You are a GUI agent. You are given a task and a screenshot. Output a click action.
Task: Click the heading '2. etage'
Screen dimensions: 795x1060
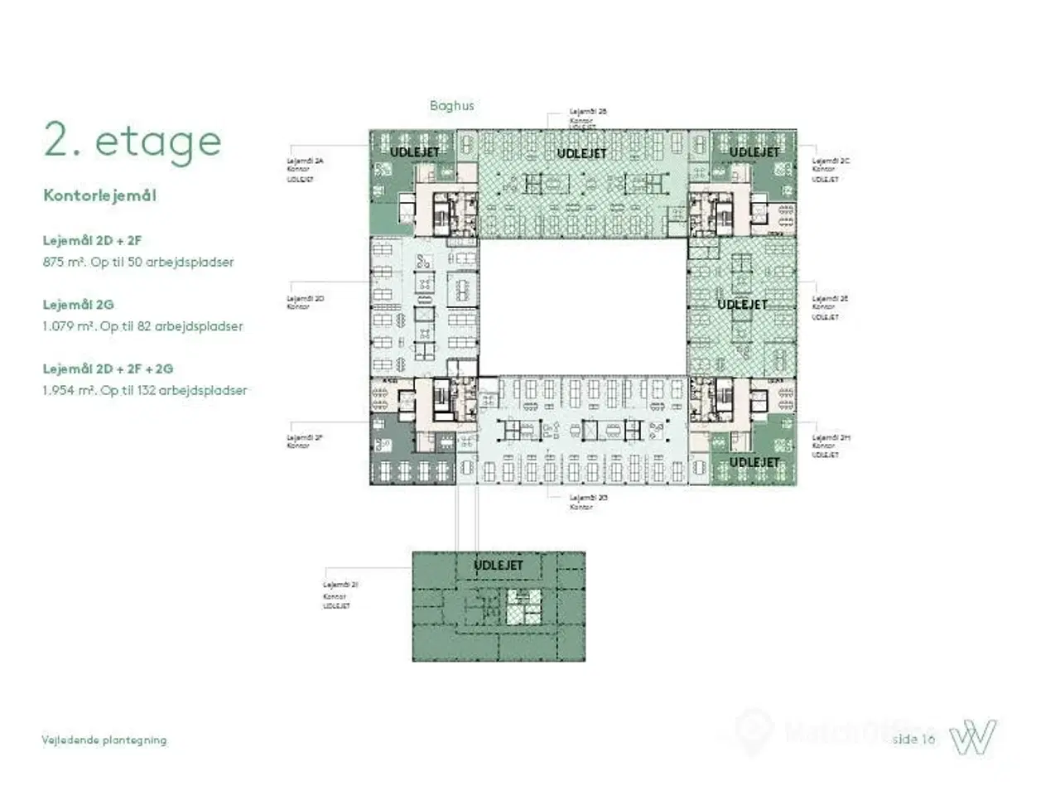click(x=132, y=142)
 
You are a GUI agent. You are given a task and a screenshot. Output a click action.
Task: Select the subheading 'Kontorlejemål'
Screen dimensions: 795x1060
click(x=99, y=196)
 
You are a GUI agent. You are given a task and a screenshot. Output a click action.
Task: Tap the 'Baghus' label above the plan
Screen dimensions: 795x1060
click(x=451, y=106)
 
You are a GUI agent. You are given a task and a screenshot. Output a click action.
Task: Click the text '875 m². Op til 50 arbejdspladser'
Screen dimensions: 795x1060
click(x=138, y=263)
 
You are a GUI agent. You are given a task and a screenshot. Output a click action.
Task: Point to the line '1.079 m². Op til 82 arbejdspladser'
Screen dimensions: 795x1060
click(x=142, y=326)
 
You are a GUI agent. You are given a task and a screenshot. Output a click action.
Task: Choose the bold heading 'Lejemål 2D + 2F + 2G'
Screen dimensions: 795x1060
click(x=108, y=369)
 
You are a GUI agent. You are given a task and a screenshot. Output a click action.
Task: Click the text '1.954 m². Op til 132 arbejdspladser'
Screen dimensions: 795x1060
click(x=144, y=391)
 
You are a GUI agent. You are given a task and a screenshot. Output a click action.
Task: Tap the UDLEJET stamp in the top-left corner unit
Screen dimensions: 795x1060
click(x=414, y=152)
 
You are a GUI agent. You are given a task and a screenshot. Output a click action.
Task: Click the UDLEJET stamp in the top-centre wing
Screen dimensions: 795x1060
click(x=581, y=154)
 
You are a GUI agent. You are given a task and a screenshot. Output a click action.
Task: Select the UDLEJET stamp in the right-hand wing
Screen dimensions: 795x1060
click(x=742, y=305)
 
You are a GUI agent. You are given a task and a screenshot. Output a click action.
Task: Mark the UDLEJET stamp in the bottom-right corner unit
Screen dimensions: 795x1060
click(x=754, y=462)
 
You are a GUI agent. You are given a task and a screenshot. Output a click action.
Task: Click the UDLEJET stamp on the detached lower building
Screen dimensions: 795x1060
click(x=499, y=566)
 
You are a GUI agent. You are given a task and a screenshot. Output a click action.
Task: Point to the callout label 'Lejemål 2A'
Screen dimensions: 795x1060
click(x=305, y=161)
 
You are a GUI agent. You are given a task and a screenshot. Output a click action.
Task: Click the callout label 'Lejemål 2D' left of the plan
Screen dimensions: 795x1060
click(x=305, y=299)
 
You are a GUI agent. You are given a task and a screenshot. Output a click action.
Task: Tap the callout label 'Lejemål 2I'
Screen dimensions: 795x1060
click(x=340, y=585)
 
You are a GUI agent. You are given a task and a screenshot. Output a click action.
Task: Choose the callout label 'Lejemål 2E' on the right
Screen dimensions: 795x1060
click(x=830, y=299)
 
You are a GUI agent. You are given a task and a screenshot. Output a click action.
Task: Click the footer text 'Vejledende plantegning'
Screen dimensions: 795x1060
click(x=104, y=740)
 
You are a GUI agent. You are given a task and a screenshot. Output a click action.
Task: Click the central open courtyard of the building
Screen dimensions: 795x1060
click(x=583, y=306)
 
